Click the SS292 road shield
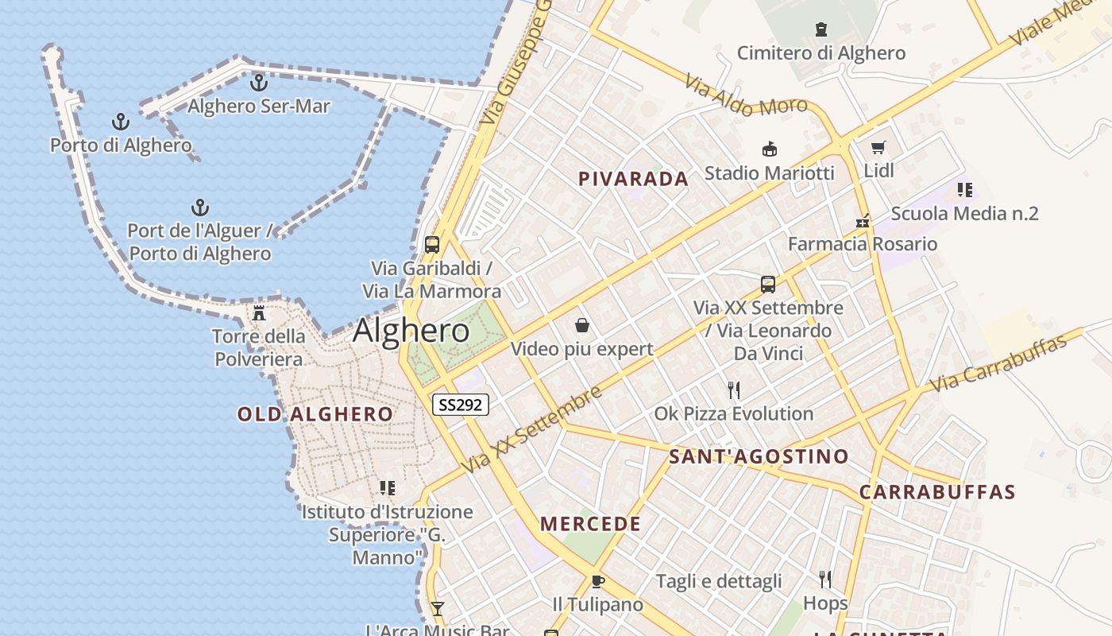click(461, 405)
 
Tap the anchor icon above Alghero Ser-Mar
click(259, 82)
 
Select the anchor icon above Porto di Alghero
click(121, 122)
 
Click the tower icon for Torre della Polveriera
click(258, 312)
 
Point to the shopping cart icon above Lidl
click(878, 147)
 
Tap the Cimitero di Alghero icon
click(821, 29)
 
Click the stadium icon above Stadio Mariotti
click(769, 149)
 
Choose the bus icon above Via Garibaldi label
click(432, 244)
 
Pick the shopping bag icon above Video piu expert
click(582, 325)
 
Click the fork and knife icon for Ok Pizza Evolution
click(734, 390)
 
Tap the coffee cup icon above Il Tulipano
click(597, 581)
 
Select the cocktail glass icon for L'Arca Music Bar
click(437, 609)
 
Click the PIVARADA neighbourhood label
click(633, 179)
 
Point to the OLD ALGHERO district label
click(315, 414)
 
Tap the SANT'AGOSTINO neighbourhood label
click(759, 456)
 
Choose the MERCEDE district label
click(590, 524)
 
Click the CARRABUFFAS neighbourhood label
click(937, 492)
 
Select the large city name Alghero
click(411, 330)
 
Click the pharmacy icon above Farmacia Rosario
click(863, 222)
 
